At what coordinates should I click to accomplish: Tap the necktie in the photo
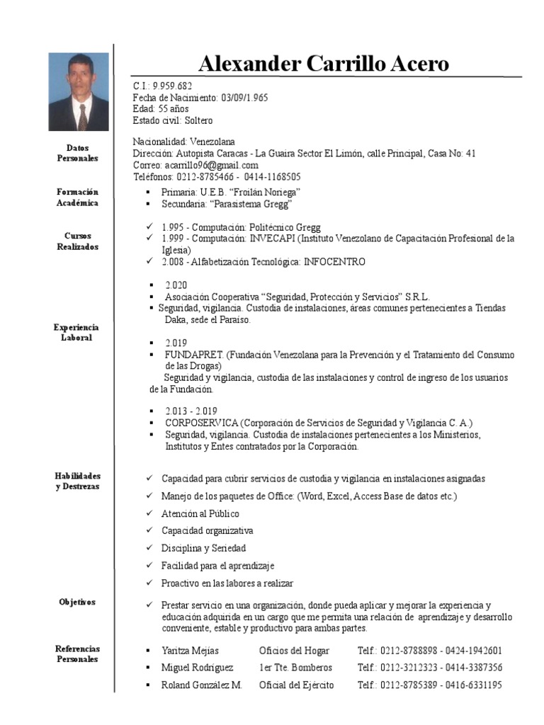(83, 116)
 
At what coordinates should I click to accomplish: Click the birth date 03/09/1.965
(244, 97)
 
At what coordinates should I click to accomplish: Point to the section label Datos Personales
(78, 153)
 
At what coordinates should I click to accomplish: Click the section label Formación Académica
(78, 198)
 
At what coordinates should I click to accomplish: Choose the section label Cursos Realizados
(78, 241)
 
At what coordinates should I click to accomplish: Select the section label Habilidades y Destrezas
(78, 481)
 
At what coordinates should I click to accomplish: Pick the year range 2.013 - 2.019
(191, 411)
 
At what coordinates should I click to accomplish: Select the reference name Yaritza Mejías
(190, 651)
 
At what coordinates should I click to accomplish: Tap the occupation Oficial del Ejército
(296, 685)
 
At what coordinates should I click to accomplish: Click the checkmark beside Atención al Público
(149, 514)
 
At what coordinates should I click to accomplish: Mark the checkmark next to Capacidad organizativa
(149, 531)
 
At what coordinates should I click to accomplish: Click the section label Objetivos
(78, 603)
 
